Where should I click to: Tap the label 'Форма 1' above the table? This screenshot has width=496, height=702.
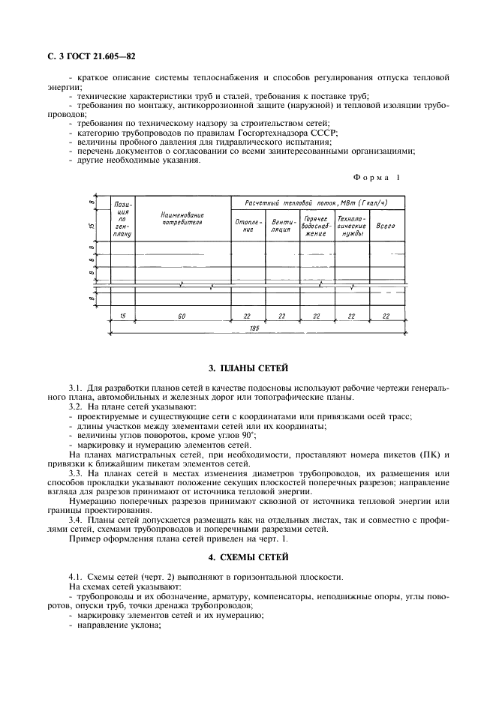click(x=377, y=177)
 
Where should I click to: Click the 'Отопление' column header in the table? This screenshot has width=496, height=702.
click(x=248, y=225)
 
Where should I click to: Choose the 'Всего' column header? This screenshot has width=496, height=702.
click(x=386, y=225)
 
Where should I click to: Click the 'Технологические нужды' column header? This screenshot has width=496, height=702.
click(x=351, y=225)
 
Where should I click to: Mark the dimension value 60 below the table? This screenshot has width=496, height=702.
click(x=182, y=316)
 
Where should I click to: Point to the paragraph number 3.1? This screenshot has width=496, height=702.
click(x=75, y=387)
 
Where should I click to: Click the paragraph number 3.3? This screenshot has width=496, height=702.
click(x=75, y=474)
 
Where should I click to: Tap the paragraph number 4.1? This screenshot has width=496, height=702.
click(x=75, y=576)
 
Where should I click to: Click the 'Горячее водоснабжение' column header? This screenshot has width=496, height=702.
click(x=316, y=225)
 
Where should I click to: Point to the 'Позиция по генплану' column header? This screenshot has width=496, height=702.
click(x=122, y=218)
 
